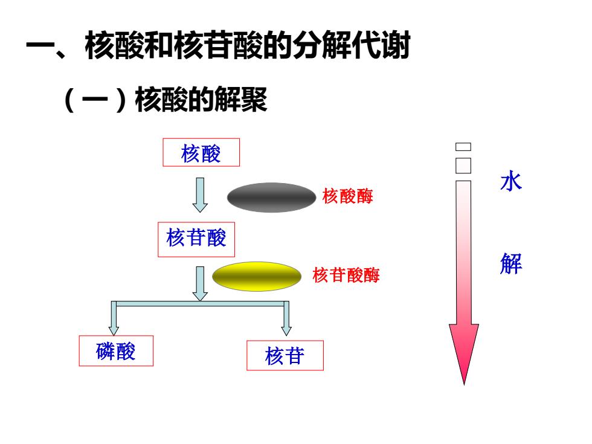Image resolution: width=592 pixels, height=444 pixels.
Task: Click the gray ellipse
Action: click(271, 198)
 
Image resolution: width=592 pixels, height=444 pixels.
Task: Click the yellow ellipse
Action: click(257, 277)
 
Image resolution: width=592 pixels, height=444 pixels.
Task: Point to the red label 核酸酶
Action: click(348, 196)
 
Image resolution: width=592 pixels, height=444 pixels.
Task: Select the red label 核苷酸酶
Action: click(346, 275)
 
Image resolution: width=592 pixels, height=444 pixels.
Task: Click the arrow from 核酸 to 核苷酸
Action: click(200, 195)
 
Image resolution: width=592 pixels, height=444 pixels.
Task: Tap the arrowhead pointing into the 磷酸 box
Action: click(114, 330)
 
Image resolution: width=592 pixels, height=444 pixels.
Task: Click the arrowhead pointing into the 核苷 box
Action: click(286, 330)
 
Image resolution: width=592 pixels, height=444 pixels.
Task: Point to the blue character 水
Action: click(511, 181)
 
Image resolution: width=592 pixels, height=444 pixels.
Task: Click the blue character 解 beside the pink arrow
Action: click(511, 263)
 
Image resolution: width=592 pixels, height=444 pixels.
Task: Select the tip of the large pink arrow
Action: click(464, 385)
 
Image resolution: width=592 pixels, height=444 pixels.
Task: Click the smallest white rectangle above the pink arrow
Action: click(463, 147)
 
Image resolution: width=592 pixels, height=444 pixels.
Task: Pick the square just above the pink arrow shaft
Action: click(463, 166)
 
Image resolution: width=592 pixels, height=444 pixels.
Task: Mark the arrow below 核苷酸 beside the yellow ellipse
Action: click(200, 283)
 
